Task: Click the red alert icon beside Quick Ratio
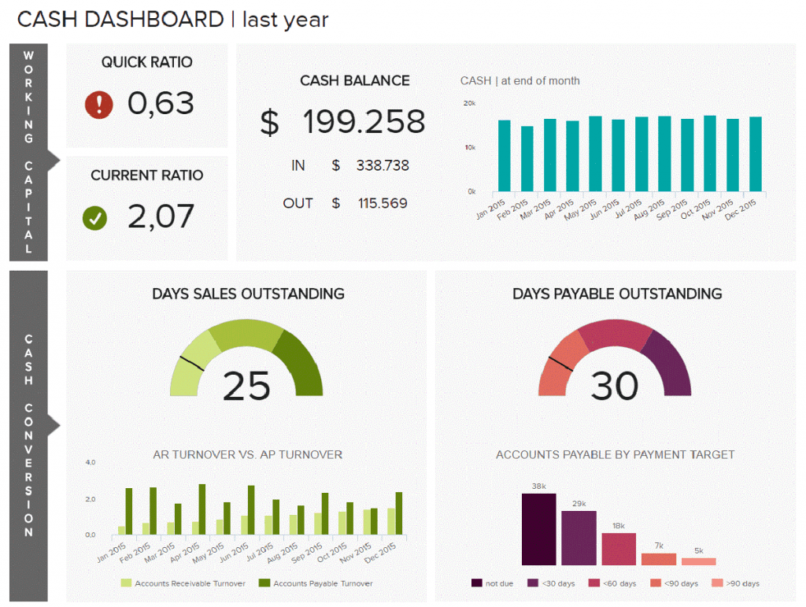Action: [99, 105]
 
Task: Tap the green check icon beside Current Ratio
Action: [95, 218]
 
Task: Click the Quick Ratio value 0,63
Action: [161, 103]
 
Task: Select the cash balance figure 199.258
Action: [364, 122]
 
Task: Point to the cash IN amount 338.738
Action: [383, 165]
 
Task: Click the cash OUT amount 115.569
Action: [383, 203]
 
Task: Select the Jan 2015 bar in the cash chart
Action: [505, 156]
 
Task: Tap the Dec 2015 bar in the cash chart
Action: [756, 154]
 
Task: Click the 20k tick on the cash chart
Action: [469, 103]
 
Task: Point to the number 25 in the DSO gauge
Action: [246, 386]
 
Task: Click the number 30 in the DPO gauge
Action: [614, 386]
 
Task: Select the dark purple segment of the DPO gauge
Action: [669, 362]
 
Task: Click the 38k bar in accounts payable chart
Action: [539, 529]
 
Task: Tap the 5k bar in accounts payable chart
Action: [699, 561]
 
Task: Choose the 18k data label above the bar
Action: [619, 525]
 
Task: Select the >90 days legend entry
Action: [737, 583]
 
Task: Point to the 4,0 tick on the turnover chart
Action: [91, 462]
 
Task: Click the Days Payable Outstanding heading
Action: [617, 294]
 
